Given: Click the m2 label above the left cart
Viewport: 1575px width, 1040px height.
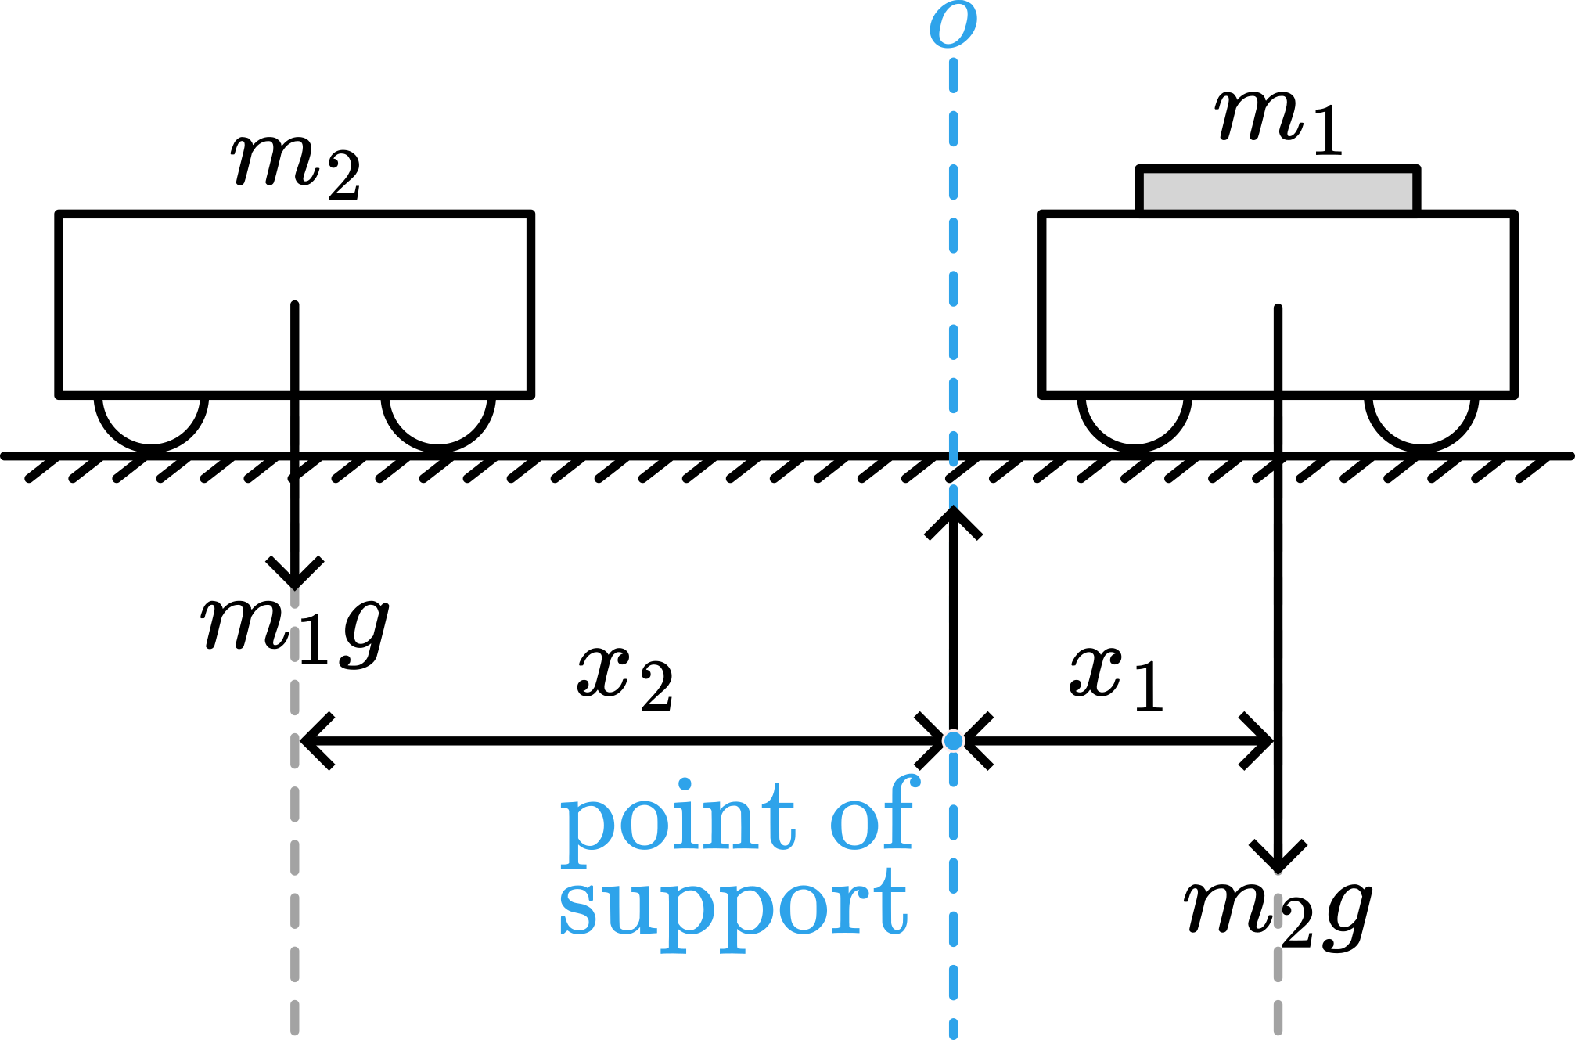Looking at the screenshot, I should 296,166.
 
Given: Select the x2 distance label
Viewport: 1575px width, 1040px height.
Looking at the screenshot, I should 625,679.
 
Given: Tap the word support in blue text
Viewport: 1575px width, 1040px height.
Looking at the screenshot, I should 733,908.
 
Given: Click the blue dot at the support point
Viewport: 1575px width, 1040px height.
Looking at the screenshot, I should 953,740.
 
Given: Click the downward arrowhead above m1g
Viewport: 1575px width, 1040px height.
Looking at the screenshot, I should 294,575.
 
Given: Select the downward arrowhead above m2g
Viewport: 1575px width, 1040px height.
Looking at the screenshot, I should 1278,859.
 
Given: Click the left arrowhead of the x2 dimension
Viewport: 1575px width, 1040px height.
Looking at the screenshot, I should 313,740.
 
